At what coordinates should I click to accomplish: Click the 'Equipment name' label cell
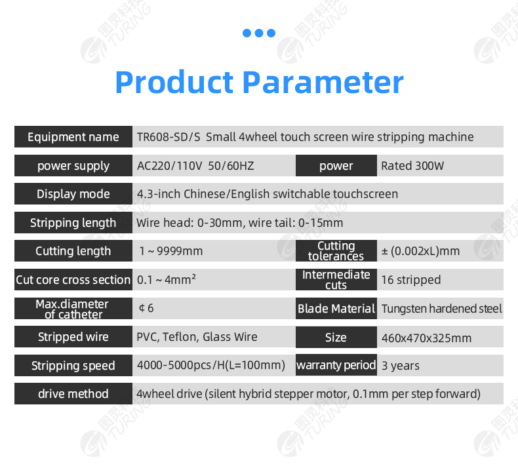tap(73, 137)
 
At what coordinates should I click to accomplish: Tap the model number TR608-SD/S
tap(169, 137)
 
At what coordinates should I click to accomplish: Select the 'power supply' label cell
tap(73, 165)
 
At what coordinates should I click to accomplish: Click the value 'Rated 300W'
tap(412, 166)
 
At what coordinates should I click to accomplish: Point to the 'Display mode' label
tap(73, 194)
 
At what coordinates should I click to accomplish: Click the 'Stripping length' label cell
tap(73, 223)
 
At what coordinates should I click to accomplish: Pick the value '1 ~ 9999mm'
tap(170, 251)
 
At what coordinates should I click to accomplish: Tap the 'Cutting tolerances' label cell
tap(336, 250)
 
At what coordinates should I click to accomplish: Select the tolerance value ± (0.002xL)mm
tap(420, 251)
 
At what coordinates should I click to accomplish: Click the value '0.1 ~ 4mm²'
tap(166, 279)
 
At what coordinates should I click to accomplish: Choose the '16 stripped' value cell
tap(441, 280)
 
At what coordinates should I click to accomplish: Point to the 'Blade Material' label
tap(336, 309)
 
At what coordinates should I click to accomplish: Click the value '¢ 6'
tap(146, 308)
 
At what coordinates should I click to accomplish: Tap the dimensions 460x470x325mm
tap(426, 338)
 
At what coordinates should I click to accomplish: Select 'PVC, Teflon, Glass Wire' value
tap(197, 337)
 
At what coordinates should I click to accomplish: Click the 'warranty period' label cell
tap(336, 365)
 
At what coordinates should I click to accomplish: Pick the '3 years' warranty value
tap(401, 366)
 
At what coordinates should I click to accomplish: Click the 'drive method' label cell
tap(73, 394)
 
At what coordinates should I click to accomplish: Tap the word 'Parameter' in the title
tap(323, 82)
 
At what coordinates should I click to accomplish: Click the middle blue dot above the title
tap(259, 33)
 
